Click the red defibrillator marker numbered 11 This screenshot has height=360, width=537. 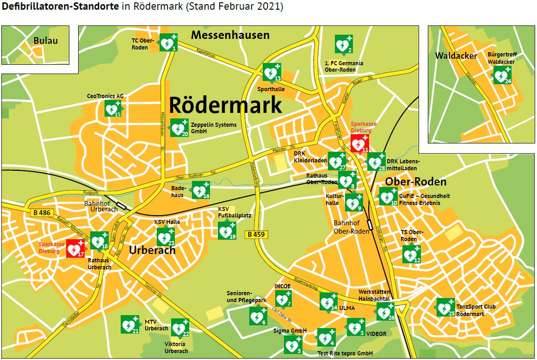[359, 144]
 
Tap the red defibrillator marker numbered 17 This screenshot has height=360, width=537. [75, 248]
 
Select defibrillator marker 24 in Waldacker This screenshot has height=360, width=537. [501, 75]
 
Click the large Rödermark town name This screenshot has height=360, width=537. [225, 105]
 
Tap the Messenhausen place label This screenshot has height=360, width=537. [230, 35]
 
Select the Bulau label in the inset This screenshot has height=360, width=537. [45, 41]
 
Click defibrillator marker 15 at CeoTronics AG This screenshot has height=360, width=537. [112, 108]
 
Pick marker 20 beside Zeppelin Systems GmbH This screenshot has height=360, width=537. [179, 128]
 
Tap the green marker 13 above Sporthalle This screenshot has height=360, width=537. [272, 72]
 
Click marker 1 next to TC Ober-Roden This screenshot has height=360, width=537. [167, 43]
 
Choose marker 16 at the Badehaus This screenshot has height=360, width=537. [201, 190]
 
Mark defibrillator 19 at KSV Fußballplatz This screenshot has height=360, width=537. [227, 230]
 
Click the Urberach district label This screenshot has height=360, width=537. [152, 250]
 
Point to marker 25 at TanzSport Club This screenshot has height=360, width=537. [445, 307]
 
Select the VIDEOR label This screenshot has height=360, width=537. [376, 334]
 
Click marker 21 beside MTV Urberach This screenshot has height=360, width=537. [130, 324]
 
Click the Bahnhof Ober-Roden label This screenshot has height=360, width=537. [352, 227]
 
